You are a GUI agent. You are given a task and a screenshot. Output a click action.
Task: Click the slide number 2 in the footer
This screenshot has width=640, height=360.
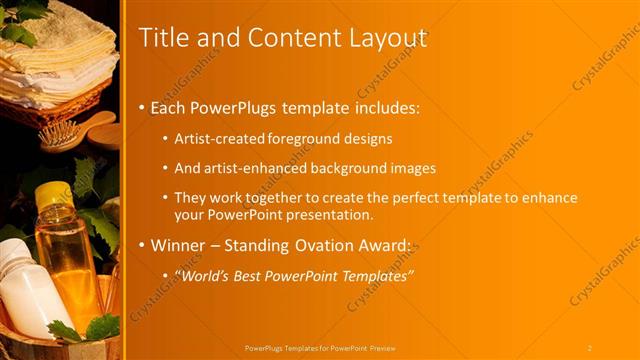[x=589, y=348]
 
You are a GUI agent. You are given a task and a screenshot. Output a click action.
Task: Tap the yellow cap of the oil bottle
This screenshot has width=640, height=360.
[x=53, y=197]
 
